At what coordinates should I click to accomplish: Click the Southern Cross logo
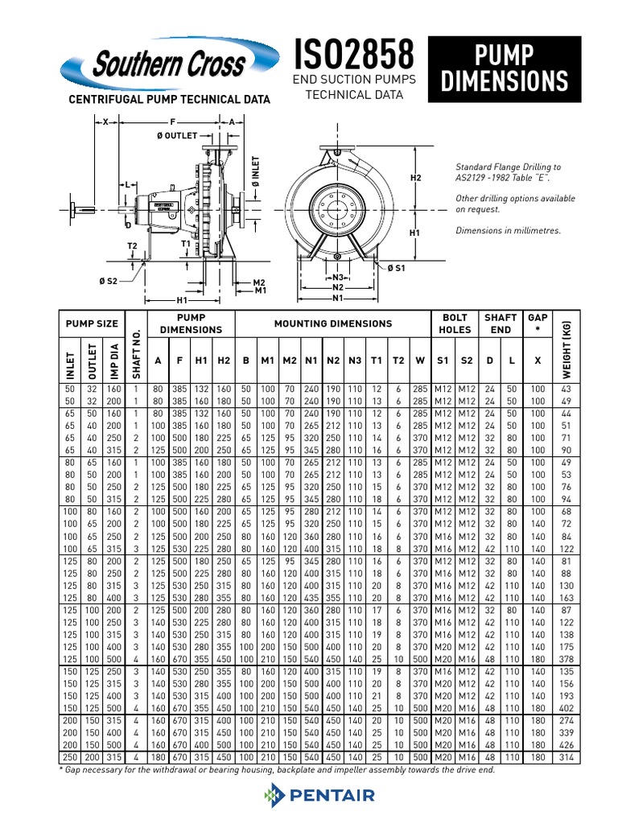click(x=161, y=65)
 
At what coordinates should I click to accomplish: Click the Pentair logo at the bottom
click(x=319, y=796)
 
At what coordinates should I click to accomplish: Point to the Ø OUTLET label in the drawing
click(x=176, y=136)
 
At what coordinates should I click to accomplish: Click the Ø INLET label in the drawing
click(x=256, y=174)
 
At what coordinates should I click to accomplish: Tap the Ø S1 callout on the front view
click(x=397, y=268)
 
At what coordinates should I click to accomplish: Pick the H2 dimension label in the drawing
click(x=416, y=177)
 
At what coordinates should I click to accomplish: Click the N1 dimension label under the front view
click(x=338, y=298)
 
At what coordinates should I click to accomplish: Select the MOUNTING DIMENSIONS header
click(x=333, y=323)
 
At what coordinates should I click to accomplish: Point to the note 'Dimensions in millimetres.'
click(x=508, y=231)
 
